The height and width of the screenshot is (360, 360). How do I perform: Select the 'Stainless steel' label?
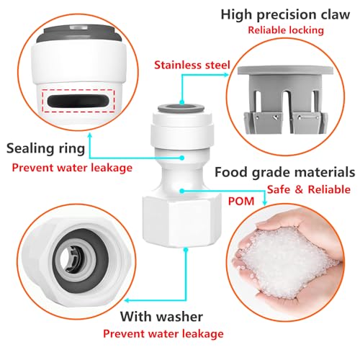[x=192, y=66]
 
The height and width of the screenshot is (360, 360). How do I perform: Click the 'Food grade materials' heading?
[x=285, y=173]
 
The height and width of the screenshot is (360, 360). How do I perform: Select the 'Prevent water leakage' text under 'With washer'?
[x=162, y=333]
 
